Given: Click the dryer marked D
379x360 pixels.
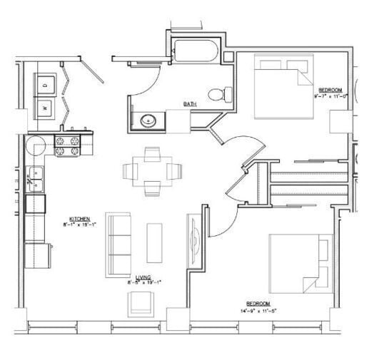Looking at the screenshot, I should point(46,84).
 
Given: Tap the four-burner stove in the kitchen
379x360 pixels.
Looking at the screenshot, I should point(68,145).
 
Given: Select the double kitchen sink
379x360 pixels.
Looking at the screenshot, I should point(36,179).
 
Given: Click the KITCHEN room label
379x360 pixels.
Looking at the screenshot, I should point(79,219).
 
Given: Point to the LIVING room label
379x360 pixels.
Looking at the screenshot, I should point(143,277).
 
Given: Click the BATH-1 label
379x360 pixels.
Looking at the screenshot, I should point(190,104).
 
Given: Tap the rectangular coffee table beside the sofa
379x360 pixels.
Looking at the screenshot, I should point(154,242).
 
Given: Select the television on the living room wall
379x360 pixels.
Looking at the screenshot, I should point(194,239).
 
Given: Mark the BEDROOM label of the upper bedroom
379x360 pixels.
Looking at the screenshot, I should point(329,89).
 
